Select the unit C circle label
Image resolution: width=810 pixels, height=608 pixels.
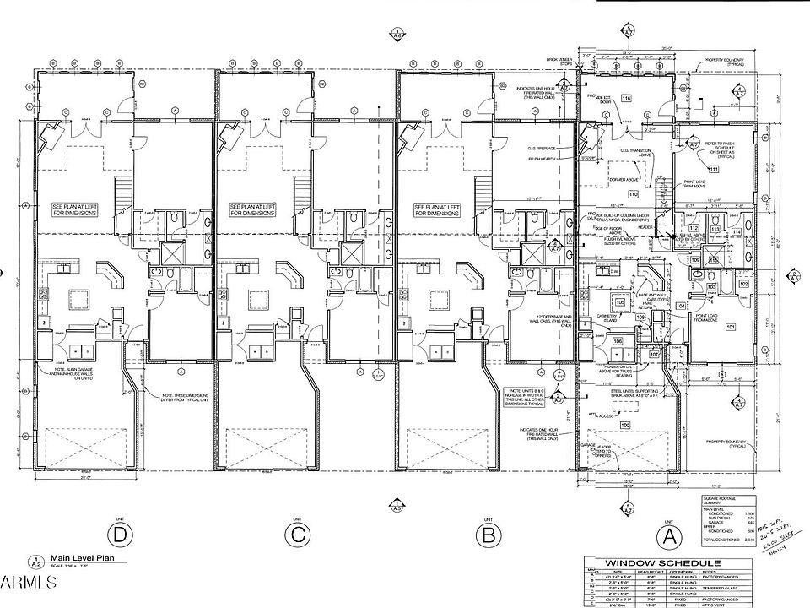click(297, 535)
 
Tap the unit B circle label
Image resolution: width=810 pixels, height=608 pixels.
click(485, 535)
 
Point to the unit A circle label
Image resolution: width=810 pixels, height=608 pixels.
click(667, 535)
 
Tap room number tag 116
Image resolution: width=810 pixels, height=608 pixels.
click(626, 99)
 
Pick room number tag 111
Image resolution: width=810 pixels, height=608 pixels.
click(713, 169)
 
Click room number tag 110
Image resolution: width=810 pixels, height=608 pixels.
click(633, 193)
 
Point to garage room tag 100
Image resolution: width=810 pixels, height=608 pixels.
click(625, 425)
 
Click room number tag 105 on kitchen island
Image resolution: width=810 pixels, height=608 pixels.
click(620, 301)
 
